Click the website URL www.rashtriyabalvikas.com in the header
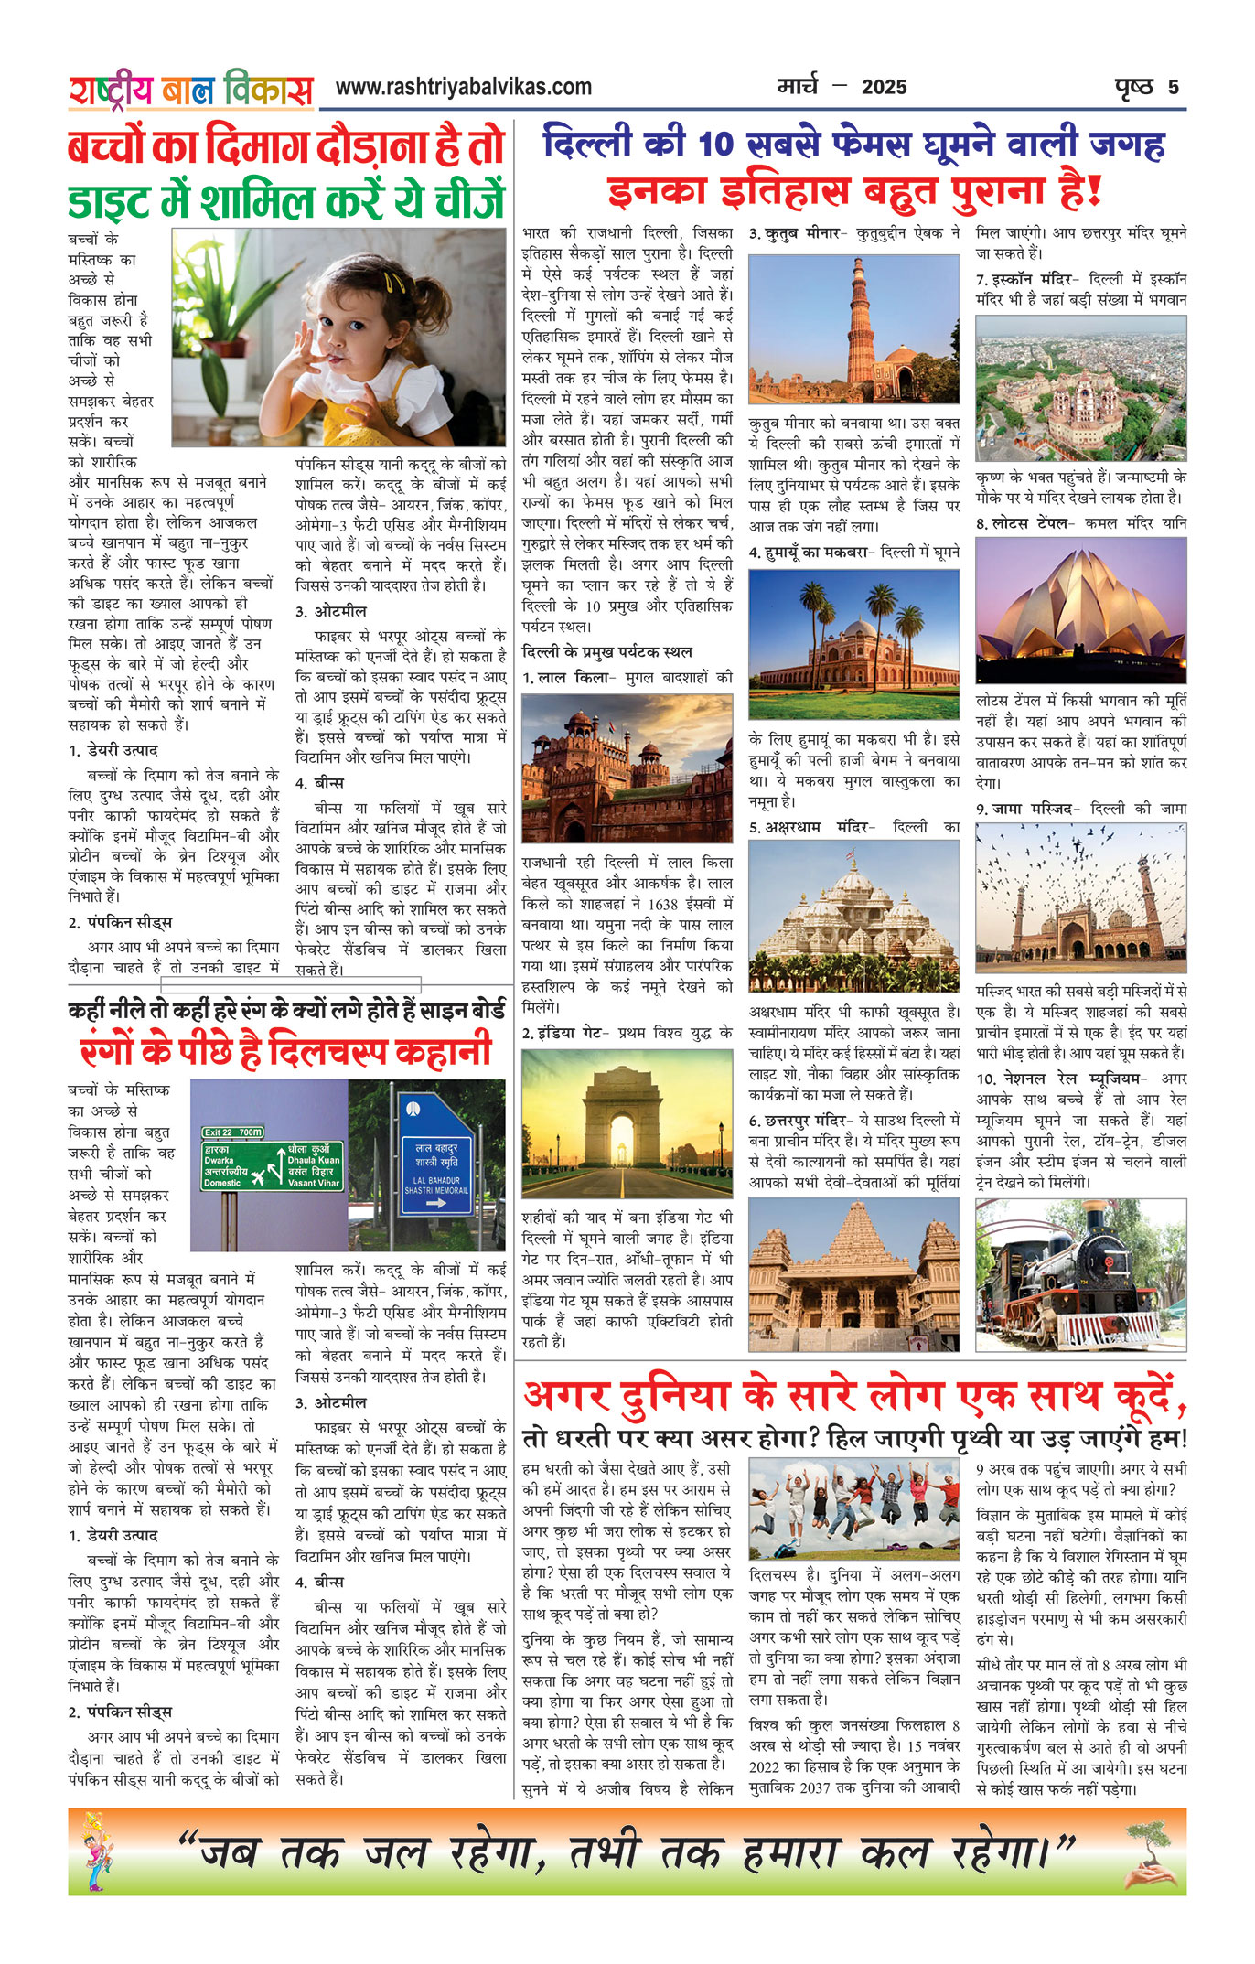[463, 88]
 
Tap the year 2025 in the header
[884, 88]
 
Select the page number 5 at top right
[1173, 88]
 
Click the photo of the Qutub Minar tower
[853, 329]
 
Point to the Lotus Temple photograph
[1080, 610]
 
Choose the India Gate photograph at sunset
[627, 1123]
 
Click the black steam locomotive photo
[1080, 1275]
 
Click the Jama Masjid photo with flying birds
[1080, 898]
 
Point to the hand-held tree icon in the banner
[1148, 1851]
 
